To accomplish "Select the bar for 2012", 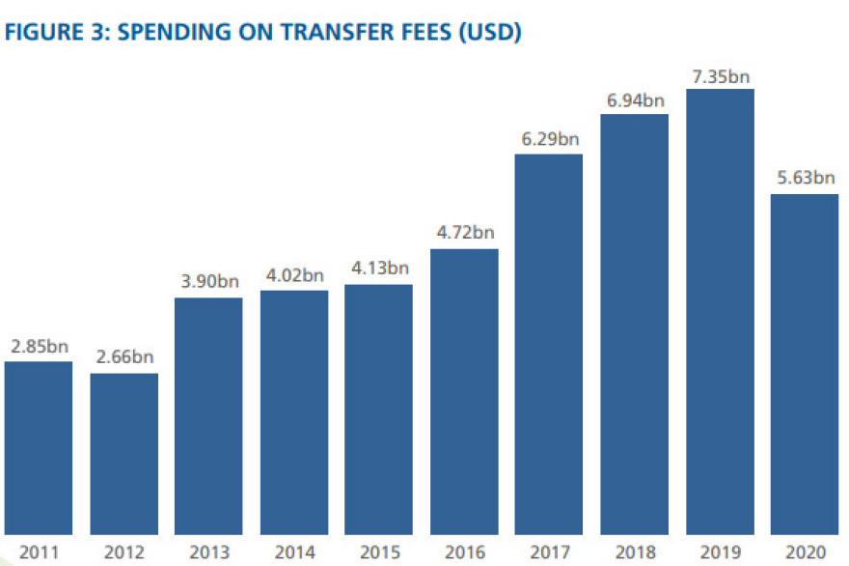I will coord(124,454).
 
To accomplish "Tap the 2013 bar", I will coord(208,416).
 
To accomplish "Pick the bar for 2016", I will coord(464,392).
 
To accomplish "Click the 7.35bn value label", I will coord(719,76).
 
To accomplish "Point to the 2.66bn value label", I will coord(124,358).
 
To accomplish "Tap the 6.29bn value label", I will coord(549,139).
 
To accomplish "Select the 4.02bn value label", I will coord(294,275).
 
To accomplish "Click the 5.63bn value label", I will coord(805,179).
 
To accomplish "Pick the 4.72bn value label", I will coord(464,234).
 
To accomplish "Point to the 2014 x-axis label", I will coord(294,552).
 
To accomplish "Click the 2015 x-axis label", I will coord(379,552).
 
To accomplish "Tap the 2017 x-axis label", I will coord(549,552).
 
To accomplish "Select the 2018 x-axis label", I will coord(634,552).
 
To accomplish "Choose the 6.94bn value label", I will coord(634,100).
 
